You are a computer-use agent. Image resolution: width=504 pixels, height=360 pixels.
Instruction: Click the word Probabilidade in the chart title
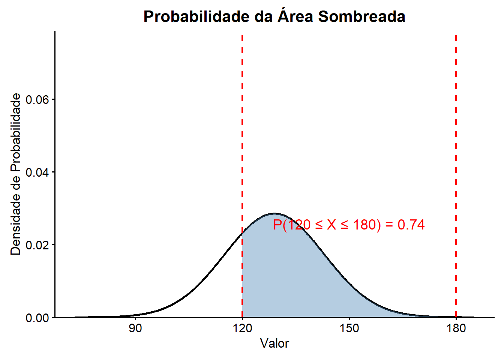196,17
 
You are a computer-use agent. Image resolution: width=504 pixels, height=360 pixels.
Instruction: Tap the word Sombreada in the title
362,17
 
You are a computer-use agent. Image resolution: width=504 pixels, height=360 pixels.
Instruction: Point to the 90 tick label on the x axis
135,328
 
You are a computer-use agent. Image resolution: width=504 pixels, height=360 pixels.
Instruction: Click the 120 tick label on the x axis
242,328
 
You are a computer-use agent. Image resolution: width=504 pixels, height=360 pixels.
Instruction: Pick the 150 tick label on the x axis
349,328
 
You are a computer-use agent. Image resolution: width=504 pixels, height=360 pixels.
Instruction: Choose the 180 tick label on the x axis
456,328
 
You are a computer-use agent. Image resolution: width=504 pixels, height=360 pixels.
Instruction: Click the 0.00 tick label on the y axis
37,318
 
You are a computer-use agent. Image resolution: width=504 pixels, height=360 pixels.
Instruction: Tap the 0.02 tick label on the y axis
37,245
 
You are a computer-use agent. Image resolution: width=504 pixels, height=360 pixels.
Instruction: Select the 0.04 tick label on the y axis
37,172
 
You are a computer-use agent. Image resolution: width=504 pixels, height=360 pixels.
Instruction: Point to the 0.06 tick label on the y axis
37,99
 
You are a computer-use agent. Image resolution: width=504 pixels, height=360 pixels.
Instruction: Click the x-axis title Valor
274,343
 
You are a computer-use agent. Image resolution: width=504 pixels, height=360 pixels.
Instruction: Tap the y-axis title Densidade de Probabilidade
16,174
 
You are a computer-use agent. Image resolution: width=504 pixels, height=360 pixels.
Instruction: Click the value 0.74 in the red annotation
411,225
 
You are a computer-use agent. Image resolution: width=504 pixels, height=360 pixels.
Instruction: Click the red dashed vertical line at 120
242,176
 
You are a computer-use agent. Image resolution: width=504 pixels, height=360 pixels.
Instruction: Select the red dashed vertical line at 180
456,176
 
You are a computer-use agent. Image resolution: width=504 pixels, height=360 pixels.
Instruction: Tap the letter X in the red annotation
331,225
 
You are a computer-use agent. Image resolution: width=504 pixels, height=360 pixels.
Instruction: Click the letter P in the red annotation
277,225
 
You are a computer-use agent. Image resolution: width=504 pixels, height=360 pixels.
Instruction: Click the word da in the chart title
264,17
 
